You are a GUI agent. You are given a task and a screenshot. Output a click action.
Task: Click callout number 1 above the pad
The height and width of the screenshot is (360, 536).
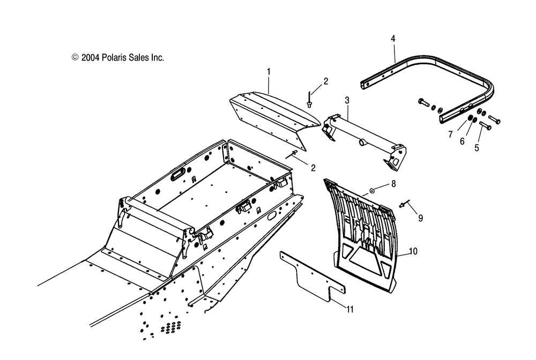[269, 71]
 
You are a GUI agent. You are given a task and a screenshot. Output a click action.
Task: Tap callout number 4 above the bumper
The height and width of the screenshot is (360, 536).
[393, 39]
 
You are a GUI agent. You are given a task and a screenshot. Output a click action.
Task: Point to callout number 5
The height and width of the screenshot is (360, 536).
[477, 149]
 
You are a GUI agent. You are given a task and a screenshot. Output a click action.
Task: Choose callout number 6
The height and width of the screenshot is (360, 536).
[461, 141]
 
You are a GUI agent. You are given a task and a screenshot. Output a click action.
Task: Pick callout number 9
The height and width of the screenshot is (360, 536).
[420, 218]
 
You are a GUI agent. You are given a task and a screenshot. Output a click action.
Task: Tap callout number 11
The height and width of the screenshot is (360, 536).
[349, 309]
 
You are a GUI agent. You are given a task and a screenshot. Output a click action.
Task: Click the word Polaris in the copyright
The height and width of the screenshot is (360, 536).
[114, 57]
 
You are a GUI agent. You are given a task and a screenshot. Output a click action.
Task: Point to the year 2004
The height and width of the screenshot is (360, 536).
[90, 57]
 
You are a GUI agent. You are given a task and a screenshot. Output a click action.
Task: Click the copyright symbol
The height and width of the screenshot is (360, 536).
[75, 57]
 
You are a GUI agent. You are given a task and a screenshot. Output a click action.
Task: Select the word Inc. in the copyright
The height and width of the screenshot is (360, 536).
[156, 57]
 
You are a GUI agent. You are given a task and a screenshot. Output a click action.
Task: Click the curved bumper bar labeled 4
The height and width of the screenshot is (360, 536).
[429, 75]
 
